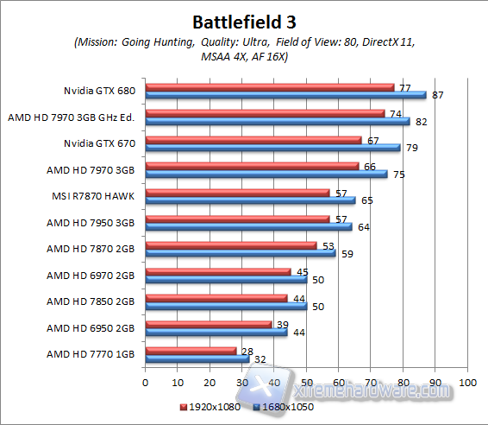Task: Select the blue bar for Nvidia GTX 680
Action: pyautogui.click(x=285, y=95)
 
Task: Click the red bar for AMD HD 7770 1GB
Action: pyautogui.click(x=191, y=350)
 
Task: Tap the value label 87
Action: pyautogui.click(x=437, y=96)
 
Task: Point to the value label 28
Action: pyautogui.click(x=246, y=352)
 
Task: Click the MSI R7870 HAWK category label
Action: pyautogui.click(x=97, y=195)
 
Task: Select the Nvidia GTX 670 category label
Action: pyautogui.click(x=101, y=143)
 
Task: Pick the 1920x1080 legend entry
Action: pyautogui.click(x=210, y=404)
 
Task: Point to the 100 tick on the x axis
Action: pyautogui.click(x=467, y=381)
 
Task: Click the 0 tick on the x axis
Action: pyautogui.click(x=146, y=381)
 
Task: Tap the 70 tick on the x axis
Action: pyautogui.click(x=371, y=381)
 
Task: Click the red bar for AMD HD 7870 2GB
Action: pyautogui.click(x=231, y=245)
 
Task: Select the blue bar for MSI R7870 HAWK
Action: pyautogui.click(x=250, y=200)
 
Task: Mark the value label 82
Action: pyautogui.click(x=421, y=122)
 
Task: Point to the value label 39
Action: pyautogui.click(x=281, y=325)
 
